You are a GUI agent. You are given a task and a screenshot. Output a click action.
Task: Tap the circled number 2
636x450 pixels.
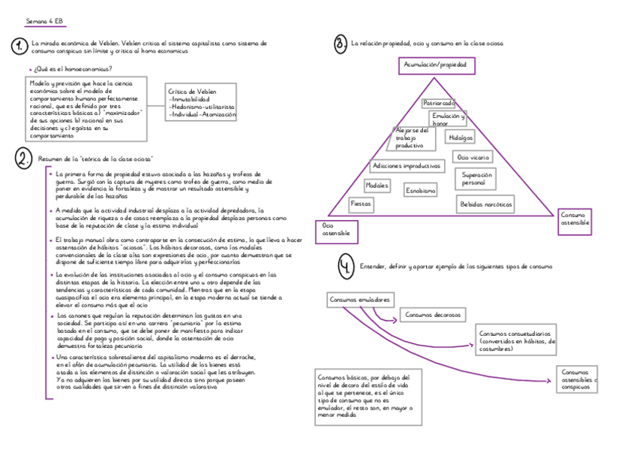point(24,159)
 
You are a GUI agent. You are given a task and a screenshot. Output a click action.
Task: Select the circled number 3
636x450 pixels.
point(340,44)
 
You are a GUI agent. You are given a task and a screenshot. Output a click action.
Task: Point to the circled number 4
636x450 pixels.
point(344,267)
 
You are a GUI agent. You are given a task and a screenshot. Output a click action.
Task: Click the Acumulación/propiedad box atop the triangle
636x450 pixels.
point(436,66)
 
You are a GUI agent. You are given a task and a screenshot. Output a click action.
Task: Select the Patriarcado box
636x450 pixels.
point(439,103)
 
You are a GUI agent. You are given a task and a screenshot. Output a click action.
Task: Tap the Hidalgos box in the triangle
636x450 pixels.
point(460,138)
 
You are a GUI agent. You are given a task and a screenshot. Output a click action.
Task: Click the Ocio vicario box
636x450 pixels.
point(474,158)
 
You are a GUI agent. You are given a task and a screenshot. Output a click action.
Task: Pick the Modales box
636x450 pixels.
point(377,185)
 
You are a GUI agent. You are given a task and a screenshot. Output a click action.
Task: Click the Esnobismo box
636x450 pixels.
point(421,191)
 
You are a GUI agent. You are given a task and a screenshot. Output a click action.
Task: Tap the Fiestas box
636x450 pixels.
point(361,204)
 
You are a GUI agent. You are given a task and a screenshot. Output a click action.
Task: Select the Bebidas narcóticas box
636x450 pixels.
point(486,204)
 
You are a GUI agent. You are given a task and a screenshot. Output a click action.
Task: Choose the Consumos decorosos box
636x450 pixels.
point(432,315)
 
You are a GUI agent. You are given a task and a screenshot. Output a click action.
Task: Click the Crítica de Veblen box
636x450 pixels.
point(200,102)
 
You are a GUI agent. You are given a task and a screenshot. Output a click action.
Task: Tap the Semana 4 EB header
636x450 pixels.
point(44,20)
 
